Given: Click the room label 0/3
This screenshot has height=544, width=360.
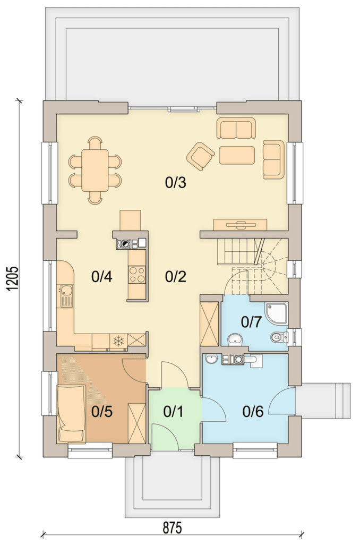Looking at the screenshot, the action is point(176,182).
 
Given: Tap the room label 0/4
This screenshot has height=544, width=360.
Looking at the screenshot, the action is point(101,276).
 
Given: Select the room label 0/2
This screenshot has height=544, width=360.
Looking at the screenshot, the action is point(176,276).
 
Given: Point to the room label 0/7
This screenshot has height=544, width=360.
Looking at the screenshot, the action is point(251,322).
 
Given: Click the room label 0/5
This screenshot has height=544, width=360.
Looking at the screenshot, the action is point(101,412).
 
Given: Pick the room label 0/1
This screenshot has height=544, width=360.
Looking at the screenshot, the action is point(173,412).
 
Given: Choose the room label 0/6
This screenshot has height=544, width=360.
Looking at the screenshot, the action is point(253,412).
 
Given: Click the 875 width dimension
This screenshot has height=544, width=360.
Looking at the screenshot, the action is point(173,529).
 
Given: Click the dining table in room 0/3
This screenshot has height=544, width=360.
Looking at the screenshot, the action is point(95,171).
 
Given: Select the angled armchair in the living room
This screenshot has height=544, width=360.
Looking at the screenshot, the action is point(200,156).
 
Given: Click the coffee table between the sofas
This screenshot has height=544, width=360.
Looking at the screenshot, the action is point(236,155).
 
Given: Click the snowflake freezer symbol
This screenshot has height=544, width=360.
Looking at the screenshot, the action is point(118,341).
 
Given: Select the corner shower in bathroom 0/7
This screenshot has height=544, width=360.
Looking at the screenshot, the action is point(276,314).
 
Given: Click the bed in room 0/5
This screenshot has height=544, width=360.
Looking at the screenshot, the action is point(72,413).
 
